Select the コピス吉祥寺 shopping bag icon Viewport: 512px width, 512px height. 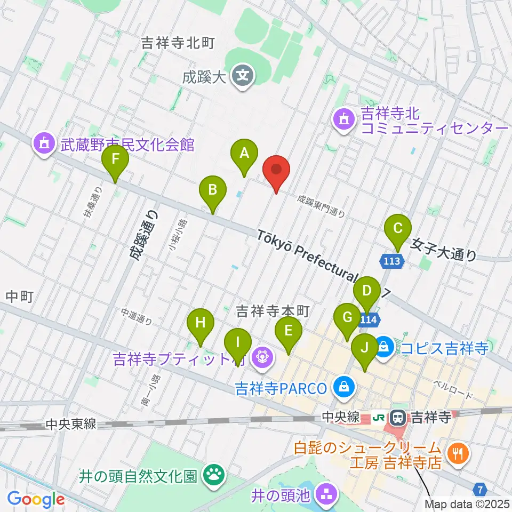pyautogui.click(x=383, y=348)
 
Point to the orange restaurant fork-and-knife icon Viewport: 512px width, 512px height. pyautogui.click(x=457, y=454)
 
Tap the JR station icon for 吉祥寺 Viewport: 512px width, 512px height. pyautogui.click(x=397, y=417)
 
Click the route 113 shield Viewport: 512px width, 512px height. pyautogui.click(x=393, y=261)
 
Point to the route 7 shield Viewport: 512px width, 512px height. pyautogui.click(x=481, y=488)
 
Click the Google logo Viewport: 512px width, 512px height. pyautogui.click(x=36, y=499)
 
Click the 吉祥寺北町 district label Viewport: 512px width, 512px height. pyautogui.click(x=178, y=44)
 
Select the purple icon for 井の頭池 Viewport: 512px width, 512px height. pyautogui.click(x=325, y=495)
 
